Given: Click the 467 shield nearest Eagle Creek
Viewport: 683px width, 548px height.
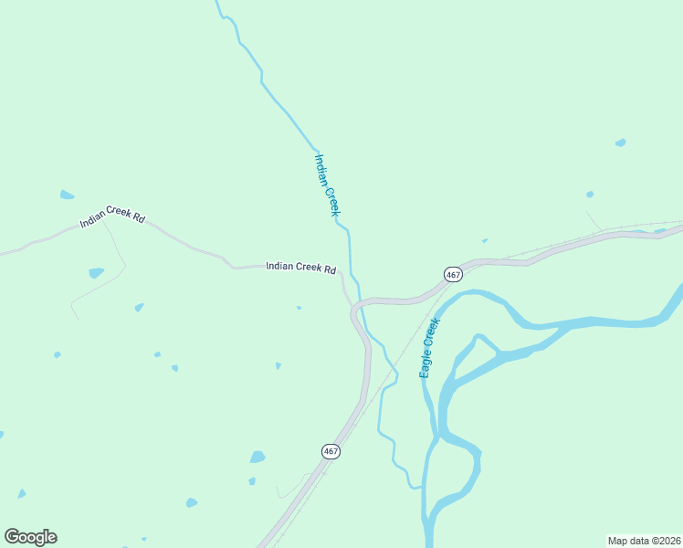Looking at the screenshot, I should [453, 274].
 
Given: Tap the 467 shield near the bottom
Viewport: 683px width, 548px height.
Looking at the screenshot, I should [331, 451].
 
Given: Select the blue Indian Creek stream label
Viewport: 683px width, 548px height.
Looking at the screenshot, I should [327, 184].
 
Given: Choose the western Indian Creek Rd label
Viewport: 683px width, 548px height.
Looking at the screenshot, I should [112, 216].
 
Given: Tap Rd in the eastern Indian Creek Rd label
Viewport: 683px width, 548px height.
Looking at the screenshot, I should [331, 269].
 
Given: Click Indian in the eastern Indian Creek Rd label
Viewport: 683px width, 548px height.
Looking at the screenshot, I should [279, 266].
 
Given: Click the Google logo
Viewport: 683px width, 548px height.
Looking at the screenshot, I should [30, 537].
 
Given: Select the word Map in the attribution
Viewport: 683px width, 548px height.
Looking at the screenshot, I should [619, 540].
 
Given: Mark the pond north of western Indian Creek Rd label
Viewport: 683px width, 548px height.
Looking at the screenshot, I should [67, 195].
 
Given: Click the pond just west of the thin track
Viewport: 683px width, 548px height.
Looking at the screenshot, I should [96, 272].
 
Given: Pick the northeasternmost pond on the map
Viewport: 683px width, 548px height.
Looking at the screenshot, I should [621, 142].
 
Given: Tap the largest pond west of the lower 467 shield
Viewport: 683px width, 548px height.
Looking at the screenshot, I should [257, 457].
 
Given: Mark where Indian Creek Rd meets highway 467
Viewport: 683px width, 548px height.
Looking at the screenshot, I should [352, 309].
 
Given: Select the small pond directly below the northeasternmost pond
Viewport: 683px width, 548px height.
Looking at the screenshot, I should [590, 194].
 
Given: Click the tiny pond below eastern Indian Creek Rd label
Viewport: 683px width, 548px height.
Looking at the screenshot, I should [299, 308].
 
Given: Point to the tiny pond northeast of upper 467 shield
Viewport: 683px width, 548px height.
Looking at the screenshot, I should [484, 241].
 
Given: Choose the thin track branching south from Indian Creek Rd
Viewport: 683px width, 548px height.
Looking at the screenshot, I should [117, 247].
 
